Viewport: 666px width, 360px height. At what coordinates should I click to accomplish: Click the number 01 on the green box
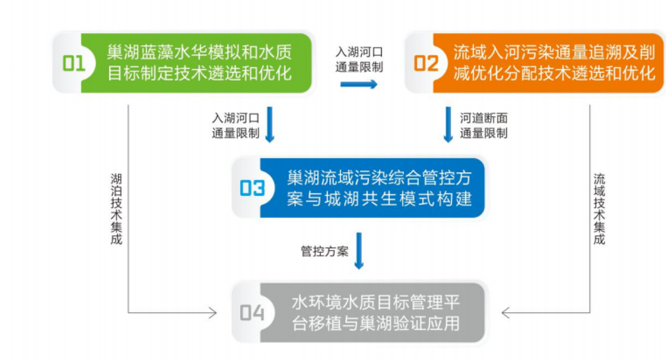pyautogui.click(x=74, y=64)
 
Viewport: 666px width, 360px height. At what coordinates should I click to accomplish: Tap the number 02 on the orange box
pyautogui.click(x=426, y=64)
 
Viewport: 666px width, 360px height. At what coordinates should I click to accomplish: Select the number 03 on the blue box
pyautogui.click(x=252, y=188)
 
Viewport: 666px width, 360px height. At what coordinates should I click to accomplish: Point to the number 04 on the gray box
pyautogui.click(x=252, y=313)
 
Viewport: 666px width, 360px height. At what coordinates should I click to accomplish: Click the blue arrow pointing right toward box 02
pyautogui.click(x=359, y=85)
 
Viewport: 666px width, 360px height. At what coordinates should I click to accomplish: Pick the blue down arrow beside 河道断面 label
pyautogui.click(x=448, y=125)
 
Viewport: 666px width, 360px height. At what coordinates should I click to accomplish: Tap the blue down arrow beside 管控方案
pyautogui.click(x=359, y=251)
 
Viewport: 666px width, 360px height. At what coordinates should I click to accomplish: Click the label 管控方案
pyautogui.click(x=324, y=252)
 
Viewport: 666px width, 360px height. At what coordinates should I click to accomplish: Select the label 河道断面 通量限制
pyautogui.click(x=484, y=126)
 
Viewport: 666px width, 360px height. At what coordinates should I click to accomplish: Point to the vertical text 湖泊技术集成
pyautogui.click(x=116, y=209)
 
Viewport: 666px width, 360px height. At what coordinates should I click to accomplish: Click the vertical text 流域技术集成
pyautogui.click(x=599, y=209)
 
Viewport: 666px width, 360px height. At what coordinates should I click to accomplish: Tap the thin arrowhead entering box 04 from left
pyautogui.click(x=213, y=313)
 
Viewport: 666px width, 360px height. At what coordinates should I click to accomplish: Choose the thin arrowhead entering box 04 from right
pyautogui.click(x=505, y=313)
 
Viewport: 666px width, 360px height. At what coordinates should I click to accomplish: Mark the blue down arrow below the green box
pyautogui.click(x=270, y=125)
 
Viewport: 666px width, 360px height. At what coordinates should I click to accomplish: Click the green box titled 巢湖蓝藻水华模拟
pyautogui.click(x=182, y=63)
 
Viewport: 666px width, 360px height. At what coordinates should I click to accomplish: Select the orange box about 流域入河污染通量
pyautogui.click(x=534, y=63)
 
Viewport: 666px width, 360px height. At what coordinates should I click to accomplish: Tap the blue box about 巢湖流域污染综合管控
pyautogui.click(x=358, y=188)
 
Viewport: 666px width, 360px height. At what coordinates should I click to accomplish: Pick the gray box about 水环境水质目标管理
pyautogui.click(x=358, y=313)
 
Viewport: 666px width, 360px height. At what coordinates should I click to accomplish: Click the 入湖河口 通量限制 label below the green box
pyautogui.click(x=236, y=126)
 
